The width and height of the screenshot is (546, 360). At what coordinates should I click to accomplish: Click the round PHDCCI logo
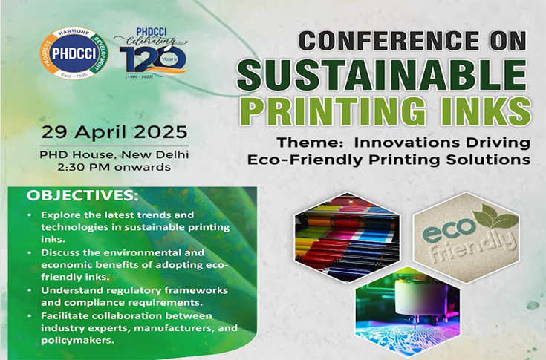(x=74, y=53)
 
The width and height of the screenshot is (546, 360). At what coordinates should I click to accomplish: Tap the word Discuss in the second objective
(x=60, y=252)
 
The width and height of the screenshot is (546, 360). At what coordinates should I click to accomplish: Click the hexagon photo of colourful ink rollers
(x=347, y=237)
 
